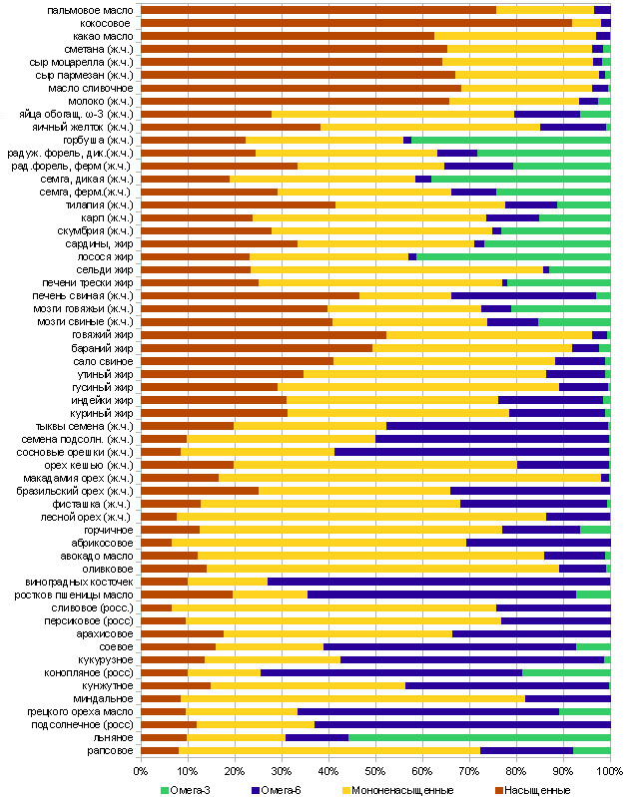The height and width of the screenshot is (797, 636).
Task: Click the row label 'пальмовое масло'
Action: point(93,10)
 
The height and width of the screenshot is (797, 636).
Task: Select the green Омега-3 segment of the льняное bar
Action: point(479,737)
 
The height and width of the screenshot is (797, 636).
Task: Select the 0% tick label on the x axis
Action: point(141,771)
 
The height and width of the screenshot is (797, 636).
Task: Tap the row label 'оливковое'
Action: point(108,569)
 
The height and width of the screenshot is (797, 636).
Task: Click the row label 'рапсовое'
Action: point(107,750)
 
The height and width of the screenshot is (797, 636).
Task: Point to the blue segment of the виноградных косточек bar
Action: point(438,582)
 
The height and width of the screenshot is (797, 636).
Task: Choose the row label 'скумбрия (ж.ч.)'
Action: point(94,230)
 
